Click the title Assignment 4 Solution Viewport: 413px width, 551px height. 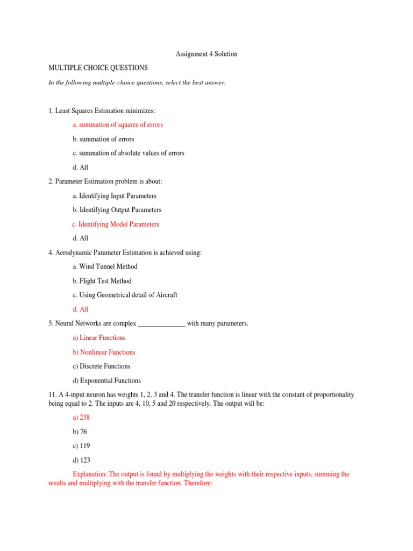(x=207, y=54)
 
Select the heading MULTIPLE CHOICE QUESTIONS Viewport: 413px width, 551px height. (x=98, y=68)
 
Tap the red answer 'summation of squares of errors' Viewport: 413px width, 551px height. (x=117, y=124)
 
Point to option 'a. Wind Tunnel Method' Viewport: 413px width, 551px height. (x=104, y=266)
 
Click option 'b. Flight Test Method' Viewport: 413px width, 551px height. (x=102, y=281)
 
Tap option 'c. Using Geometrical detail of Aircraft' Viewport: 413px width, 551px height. (x=124, y=295)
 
